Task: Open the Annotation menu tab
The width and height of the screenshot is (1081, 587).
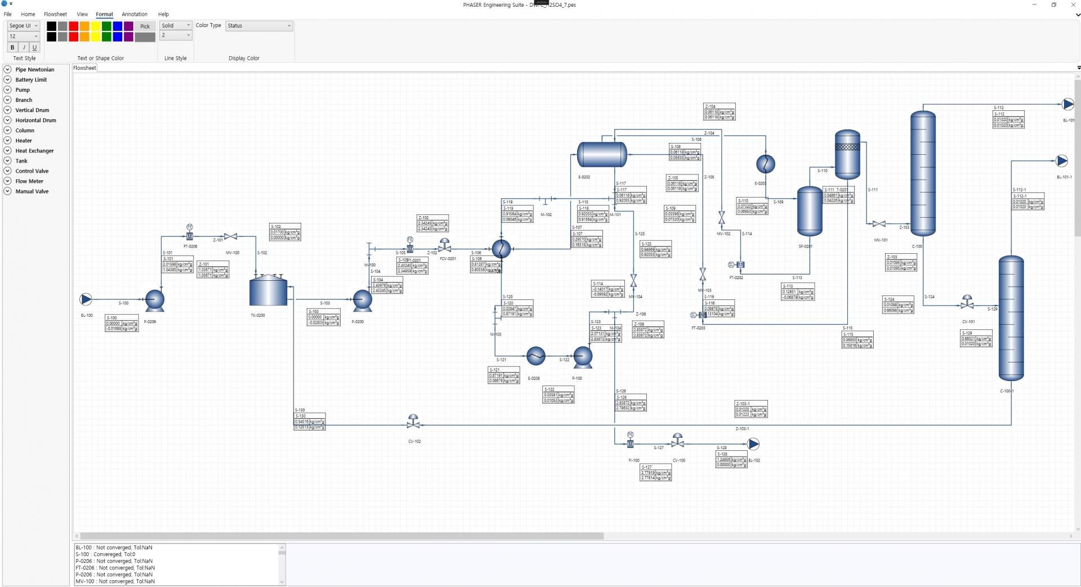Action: coord(135,14)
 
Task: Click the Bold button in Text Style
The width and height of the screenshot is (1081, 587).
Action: coord(12,47)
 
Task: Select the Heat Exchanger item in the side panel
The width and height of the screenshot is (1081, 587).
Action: coord(34,151)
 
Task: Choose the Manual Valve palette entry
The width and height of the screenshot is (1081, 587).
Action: coord(32,191)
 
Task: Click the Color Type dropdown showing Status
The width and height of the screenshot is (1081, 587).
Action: coord(259,26)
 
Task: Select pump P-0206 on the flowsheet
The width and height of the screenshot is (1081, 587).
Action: coord(154,300)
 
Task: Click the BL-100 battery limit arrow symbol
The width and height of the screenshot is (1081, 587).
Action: coord(86,299)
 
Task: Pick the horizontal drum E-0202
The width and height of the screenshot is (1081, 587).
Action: coord(601,154)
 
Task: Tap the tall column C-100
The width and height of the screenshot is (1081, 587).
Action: coord(923,173)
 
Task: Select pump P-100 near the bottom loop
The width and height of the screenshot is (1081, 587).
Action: coord(582,356)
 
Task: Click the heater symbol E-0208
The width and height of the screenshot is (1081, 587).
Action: coord(535,356)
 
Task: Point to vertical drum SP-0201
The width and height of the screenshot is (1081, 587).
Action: coord(810,211)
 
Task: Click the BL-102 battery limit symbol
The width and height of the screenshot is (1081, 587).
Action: coord(753,444)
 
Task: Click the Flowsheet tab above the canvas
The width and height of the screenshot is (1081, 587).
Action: coord(84,68)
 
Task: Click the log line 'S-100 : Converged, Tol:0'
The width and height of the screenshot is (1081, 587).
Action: coord(105,554)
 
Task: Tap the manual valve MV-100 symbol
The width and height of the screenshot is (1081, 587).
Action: coord(230,236)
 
